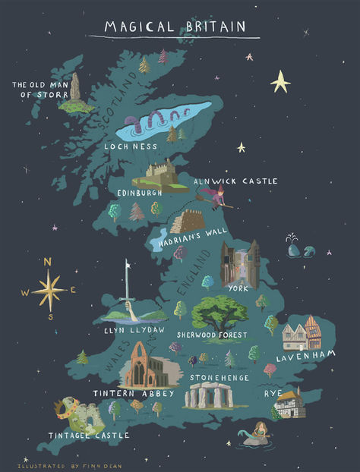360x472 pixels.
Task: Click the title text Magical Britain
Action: coord(175,27)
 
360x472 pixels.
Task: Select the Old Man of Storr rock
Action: coord(74,90)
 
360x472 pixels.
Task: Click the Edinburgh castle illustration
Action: coord(160,173)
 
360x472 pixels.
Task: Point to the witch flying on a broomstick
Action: coord(219,198)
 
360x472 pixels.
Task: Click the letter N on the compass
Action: coord(48,262)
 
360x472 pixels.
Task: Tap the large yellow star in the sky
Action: coord(280,81)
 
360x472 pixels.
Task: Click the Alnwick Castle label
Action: coord(235,181)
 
